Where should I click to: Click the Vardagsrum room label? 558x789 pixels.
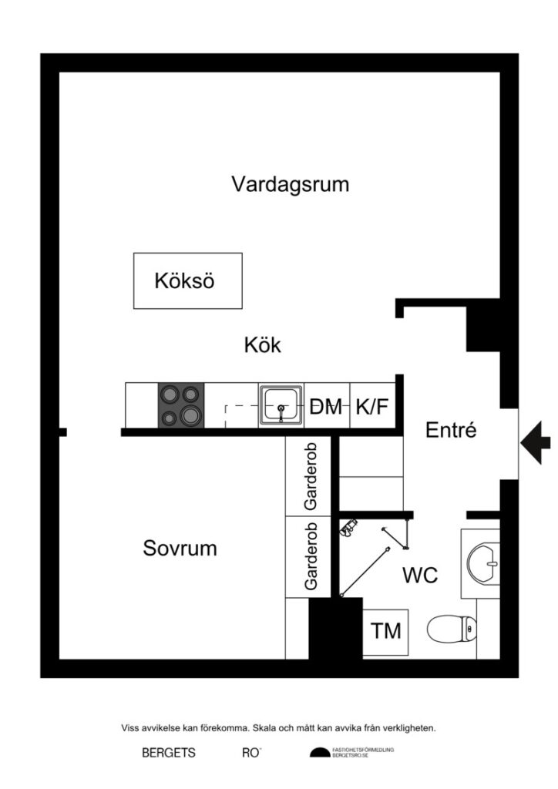290,185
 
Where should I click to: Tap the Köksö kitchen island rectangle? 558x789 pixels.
187,280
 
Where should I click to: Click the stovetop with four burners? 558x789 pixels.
181,405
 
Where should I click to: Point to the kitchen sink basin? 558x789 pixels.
281,404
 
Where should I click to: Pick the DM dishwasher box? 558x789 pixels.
327,407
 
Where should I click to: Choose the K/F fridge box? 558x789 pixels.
372,407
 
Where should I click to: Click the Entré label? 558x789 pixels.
451,431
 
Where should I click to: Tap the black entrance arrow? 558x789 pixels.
536,442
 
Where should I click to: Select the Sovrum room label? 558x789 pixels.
180,549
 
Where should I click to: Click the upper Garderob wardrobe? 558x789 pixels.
311,475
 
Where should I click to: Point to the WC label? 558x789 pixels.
420,575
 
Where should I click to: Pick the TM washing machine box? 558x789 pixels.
386,632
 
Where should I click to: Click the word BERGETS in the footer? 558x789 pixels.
168,754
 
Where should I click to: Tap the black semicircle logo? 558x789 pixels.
319,753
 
